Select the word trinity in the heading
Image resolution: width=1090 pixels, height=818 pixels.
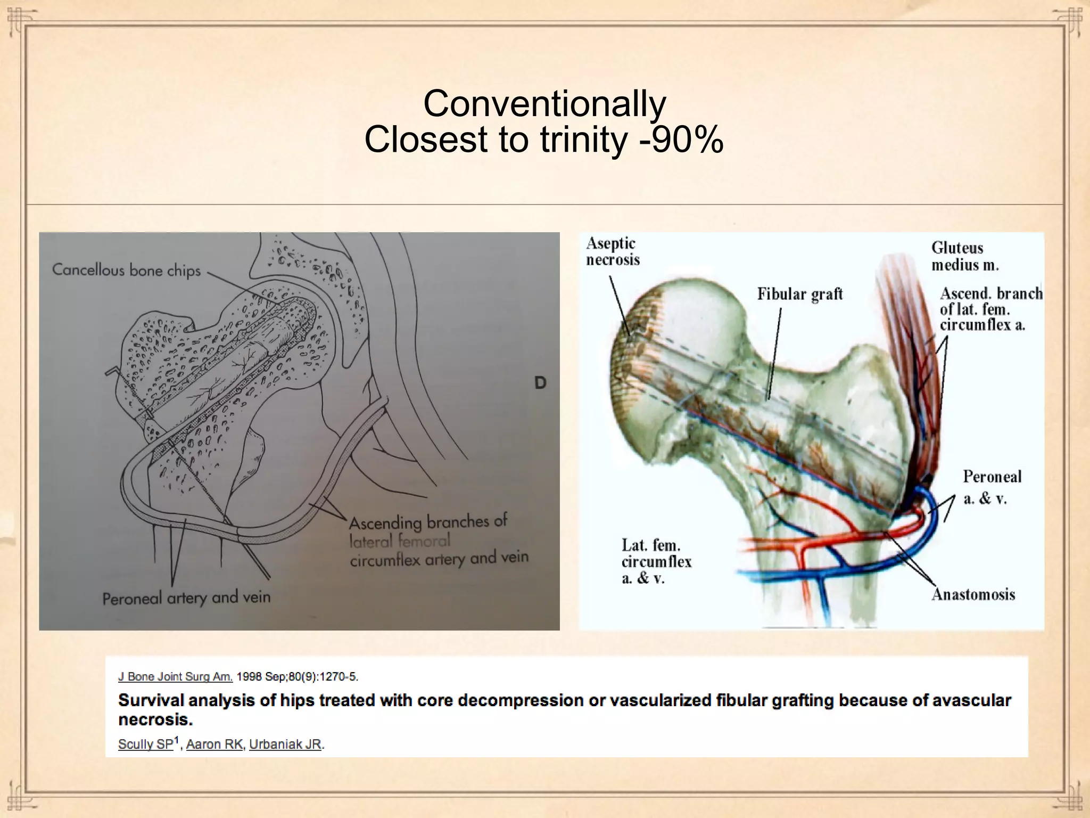pyautogui.click(x=584, y=140)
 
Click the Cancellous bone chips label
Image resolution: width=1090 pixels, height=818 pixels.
pyautogui.click(x=127, y=270)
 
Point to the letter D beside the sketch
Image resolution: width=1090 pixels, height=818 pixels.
pyautogui.click(x=540, y=382)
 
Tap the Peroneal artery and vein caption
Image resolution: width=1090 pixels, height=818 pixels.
pyautogui.click(x=186, y=598)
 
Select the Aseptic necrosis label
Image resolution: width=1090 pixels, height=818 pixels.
pyautogui.click(x=613, y=251)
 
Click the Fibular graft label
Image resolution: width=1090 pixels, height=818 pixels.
pyautogui.click(x=799, y=294)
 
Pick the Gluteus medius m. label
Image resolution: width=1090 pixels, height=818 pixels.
pyautogui.click(x=964, y=256)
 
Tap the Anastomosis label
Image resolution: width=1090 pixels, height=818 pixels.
pyautogui.click(x=973, y=594)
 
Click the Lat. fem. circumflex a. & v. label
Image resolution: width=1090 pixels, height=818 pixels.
pyautogui.click(x=656, y=561)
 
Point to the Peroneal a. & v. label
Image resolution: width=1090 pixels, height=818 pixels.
pyautogui.click(x=992, y=487)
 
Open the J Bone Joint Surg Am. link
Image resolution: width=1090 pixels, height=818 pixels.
pyautogui.click(x=175, y=677)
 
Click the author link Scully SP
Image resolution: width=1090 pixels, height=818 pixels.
pyautogui.click(x=146, y=744)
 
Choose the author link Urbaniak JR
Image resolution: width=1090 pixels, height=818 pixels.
pyautogui.click(x=285, y=744)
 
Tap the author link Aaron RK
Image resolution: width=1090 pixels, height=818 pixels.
pyautogui.click(x=214, y=744)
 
